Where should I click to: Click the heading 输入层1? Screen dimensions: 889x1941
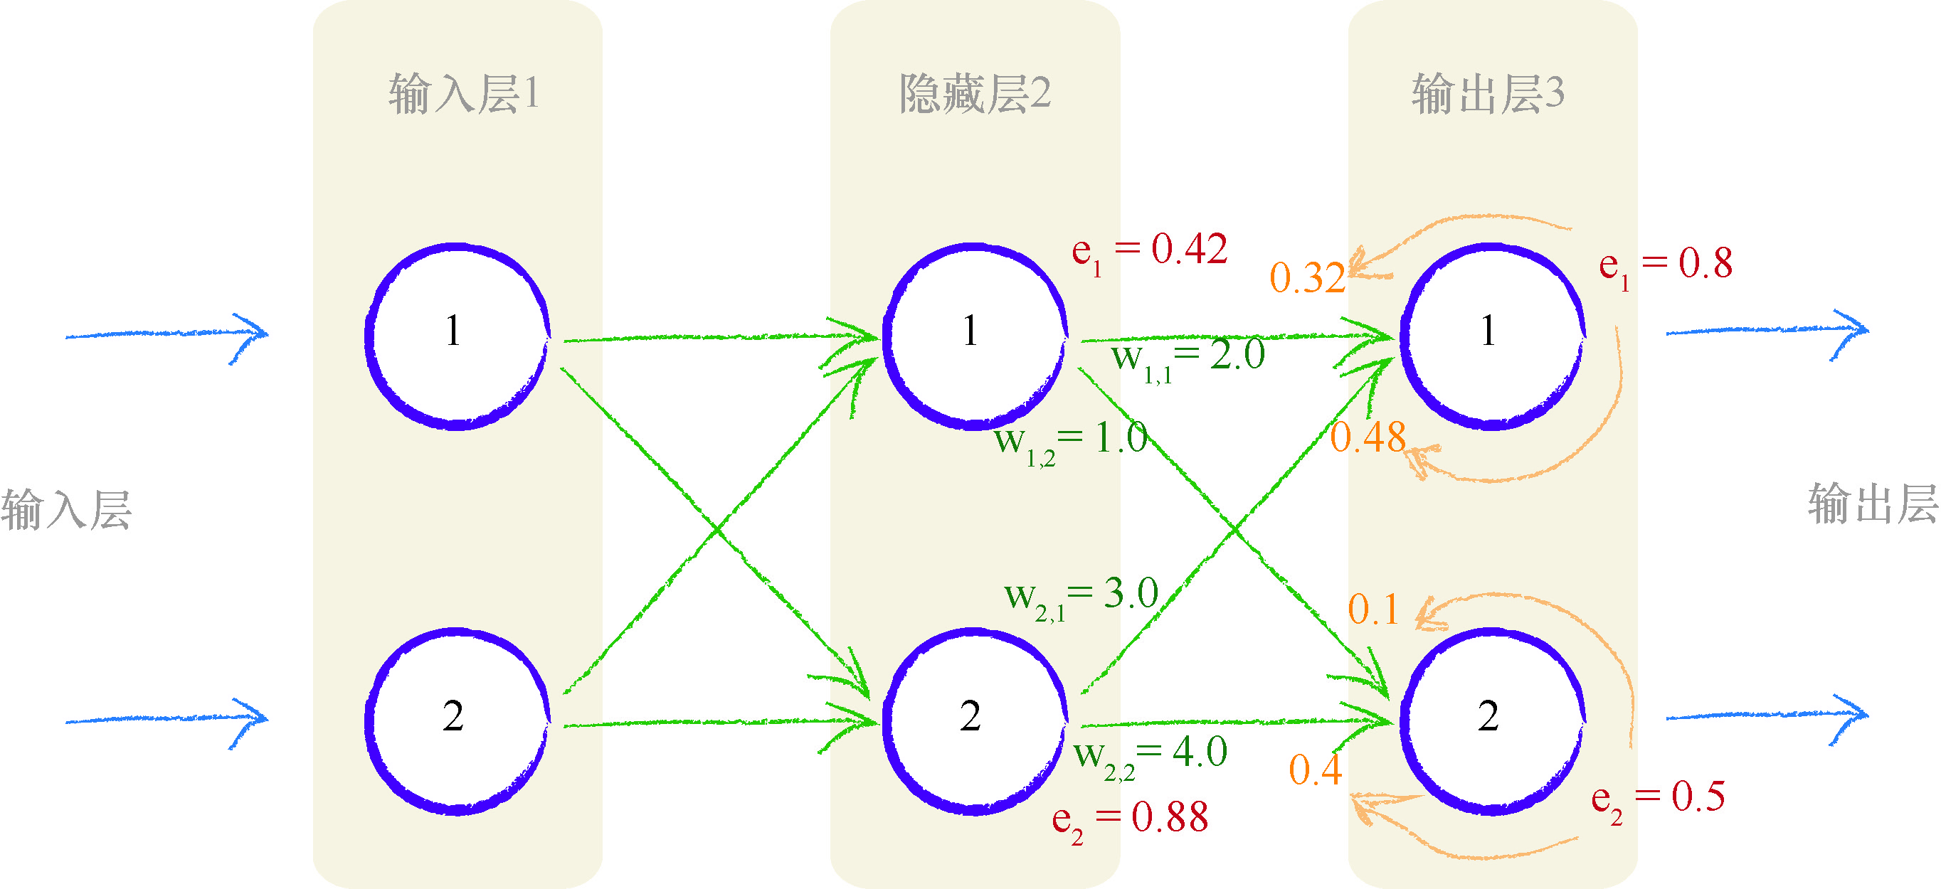coord(463,94)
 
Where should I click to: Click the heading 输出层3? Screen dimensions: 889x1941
coord(1488,94)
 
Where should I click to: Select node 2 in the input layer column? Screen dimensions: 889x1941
coord(456,721)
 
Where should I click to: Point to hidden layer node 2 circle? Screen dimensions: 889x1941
coord(973,721)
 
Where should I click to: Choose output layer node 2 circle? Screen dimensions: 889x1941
coord(1491,721)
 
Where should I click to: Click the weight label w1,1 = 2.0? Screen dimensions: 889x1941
coord(1188,358)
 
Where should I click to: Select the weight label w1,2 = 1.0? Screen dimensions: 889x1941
coord(1070,441)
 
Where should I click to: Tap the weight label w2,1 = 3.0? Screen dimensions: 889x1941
coord(1081,597)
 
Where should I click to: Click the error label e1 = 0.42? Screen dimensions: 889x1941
coord(1150,252)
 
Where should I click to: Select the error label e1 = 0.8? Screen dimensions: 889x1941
coord(1665,266)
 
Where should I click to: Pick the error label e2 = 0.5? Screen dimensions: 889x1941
coord(1658,799)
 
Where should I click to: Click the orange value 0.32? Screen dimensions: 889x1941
coord(1307,278)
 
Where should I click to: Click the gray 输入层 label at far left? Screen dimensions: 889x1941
coord(66,510)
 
